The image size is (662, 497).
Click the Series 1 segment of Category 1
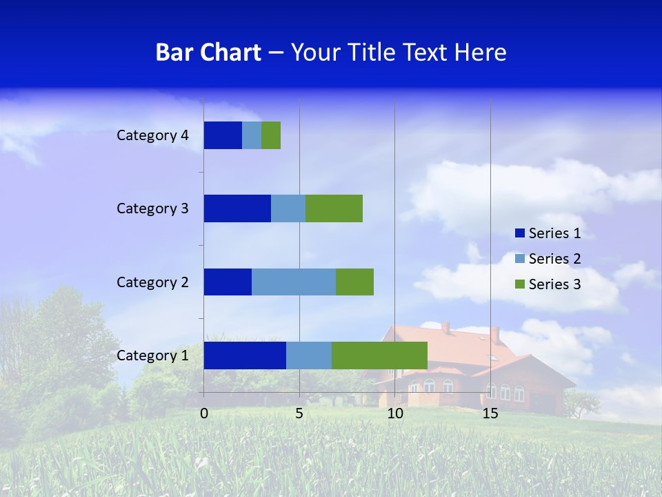click(245, 355)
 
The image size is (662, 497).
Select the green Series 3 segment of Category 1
click(379, 355)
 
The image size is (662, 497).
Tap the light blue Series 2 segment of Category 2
click(294, 282)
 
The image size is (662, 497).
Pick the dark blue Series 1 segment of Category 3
click(237, 208)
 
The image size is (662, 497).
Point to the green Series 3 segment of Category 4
click(271, 135)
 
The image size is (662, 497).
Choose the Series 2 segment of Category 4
click(252, 135)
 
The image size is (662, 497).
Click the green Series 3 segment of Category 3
click(334, 208)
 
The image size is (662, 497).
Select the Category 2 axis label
click(152, 282)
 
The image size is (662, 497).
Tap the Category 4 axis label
click(152, 135)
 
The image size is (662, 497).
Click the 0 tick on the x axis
click(204, 413)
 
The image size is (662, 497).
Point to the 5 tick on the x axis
click(299, 413)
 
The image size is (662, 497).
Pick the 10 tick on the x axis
click(394, 413)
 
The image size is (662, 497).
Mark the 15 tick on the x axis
click(490, 413)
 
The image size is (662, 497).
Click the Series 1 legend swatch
click(519, 233)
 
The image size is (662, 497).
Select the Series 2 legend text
click(554, 259)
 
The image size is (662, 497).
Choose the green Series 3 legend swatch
click(519, 284)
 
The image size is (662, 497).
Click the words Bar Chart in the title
click(208, 52)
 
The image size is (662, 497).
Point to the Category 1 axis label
click(152, 355)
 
